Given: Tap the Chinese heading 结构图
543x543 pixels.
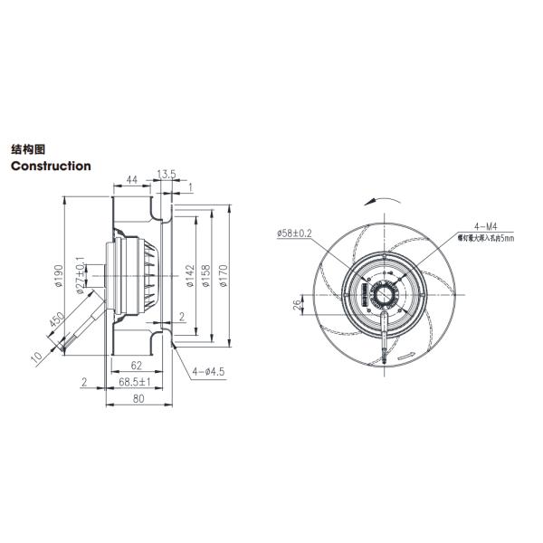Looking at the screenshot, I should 28,148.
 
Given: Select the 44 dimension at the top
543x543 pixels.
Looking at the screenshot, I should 132,181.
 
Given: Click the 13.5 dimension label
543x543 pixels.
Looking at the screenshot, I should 167,174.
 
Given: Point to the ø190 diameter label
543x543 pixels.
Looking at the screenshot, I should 58,275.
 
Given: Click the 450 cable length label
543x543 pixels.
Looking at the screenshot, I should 54,323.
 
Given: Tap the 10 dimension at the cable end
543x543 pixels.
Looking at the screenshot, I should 36,357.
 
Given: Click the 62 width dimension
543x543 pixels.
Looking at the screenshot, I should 136,367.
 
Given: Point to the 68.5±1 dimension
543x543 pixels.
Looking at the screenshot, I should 138,384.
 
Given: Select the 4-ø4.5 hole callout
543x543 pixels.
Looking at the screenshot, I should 210,370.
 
